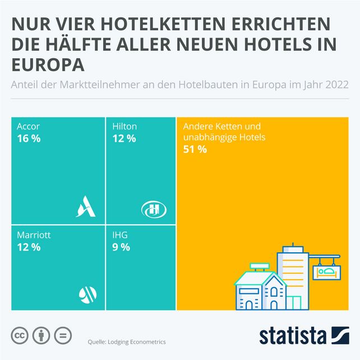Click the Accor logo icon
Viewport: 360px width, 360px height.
tap(87, 207)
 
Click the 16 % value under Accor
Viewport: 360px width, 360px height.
tap(29, 138)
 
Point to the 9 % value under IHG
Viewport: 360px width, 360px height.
tap(121, 247)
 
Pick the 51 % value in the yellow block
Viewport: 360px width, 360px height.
tap(195, 149)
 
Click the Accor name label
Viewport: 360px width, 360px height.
tap(29, 127)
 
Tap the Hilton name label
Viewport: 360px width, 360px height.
tap(124, 127)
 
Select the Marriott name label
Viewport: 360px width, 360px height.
tap(34, 236)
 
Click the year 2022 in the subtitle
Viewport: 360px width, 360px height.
tap(336, 85)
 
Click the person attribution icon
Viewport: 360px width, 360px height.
tap(41, 336)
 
